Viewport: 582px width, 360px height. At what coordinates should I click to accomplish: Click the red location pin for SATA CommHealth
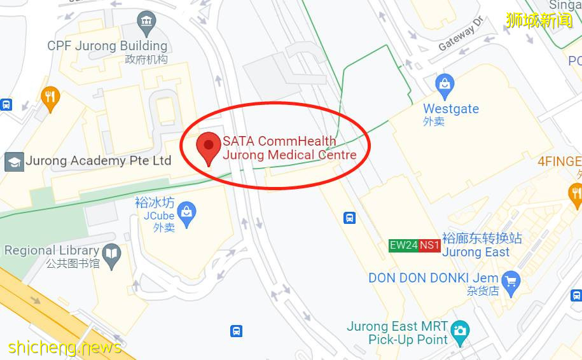point(208,147)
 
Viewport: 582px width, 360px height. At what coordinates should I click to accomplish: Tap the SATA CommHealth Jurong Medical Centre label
point(289,148)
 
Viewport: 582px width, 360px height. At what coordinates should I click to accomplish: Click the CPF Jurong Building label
point(107,46)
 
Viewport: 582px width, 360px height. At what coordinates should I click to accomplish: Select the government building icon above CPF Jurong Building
point(147,24)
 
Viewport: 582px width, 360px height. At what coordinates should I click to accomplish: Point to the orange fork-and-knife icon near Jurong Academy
point(50,97)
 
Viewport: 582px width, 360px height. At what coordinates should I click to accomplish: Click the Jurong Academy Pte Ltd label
point(99,161)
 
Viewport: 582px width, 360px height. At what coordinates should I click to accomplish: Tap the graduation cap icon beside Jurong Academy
point(14,162)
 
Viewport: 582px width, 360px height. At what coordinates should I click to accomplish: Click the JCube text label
point(159,216)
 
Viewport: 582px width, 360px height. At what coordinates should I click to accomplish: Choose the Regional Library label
point(52,251)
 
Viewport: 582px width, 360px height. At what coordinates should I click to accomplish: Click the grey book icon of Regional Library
point(112,254)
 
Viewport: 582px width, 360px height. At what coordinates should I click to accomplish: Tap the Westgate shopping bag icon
point(445,83)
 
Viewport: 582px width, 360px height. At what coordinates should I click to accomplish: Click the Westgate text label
point(451,109)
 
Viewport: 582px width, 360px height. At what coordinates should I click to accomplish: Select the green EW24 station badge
point(403,246)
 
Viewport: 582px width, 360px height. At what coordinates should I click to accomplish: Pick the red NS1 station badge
point(429,246)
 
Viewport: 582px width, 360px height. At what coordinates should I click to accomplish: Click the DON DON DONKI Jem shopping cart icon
point(511,280)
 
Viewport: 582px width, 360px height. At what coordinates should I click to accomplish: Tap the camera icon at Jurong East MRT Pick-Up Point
point(459,330)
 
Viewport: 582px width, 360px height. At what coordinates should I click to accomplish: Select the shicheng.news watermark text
point(65,347)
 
